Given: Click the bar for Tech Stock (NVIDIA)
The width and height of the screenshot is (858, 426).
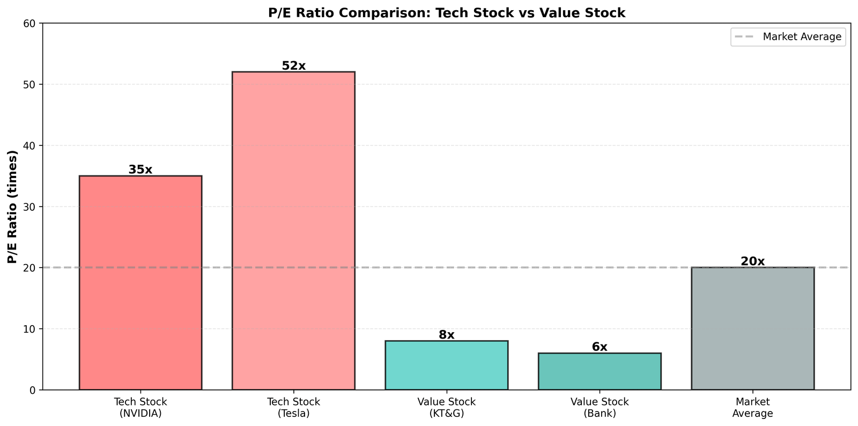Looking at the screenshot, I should (140, 283).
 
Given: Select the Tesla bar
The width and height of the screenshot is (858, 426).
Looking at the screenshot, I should (293, 231).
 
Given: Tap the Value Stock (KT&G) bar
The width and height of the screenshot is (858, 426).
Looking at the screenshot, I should (446, 365).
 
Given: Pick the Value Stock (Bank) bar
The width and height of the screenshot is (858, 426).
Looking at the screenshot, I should (600, 371).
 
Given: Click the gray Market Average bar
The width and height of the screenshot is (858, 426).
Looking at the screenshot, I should (752, 328).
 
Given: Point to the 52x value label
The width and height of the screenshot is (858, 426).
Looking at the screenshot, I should (293, 66).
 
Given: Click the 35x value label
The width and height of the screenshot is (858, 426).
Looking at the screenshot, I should (140, 170).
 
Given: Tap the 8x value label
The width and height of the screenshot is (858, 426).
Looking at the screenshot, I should (446, 335).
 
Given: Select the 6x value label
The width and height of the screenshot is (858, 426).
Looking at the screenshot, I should (600, 347).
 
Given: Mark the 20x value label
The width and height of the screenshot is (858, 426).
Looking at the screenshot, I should (752, 261).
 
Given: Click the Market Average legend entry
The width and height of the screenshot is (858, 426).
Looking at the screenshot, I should (788, 37).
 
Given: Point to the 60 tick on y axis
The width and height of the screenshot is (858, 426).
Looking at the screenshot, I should (29, 24).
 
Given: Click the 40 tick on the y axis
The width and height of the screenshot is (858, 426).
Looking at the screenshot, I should (29, 145).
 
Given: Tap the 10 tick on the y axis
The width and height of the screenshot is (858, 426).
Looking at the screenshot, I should (29, 329).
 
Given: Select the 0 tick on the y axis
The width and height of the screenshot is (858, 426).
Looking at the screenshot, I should (32, 390).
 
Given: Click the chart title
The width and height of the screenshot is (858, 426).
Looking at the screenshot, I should (446, 13).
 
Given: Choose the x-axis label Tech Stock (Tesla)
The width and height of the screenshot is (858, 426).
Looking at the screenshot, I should (293, 408).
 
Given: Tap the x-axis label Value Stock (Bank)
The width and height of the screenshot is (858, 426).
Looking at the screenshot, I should (600, 408).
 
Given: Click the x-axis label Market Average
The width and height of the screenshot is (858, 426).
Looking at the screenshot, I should (752, 408).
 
